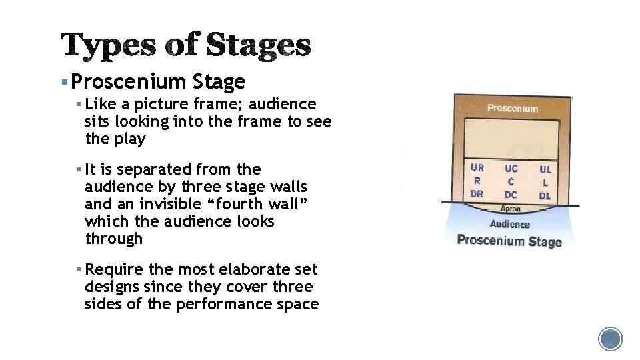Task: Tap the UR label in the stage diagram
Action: pos(477,168)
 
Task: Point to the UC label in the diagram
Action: pos(511,169)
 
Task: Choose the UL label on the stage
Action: pos(545,169)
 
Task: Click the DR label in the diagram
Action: pos(477,194)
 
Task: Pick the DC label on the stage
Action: pos(511,195)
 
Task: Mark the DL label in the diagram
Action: pos(545,195)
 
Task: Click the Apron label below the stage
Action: pos(511,209)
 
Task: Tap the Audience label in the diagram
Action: pos(510,225)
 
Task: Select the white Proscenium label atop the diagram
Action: pos(513,108)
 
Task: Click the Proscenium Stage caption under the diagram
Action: pos(509,241)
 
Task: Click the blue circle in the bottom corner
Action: pos(610,339)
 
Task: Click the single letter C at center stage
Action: pos(511,181)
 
